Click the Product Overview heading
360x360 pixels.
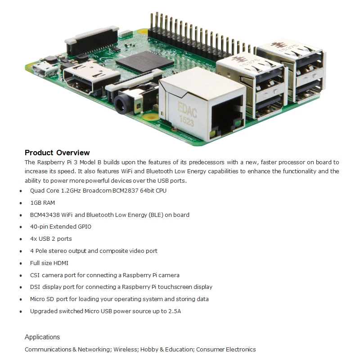pyautogui.click(x=57, y=153)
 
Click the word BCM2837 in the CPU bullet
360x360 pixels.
pyautogui.click(x=130, y=191)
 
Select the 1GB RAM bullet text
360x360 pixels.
pyautogui.click(x=42, y=203)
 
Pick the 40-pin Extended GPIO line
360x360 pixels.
pyautogui.click(x=60, y=227)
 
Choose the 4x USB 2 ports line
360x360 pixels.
pyautogui.click(x=51, y=239)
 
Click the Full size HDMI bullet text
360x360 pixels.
pyautogui.click(x=49, y=263)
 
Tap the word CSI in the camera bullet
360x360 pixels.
pyautogui.click(x=35, y=275)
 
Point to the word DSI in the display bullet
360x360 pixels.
pyautogui.click(x=35, y=287)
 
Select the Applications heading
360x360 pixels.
pyautogui.click(x=42, y=337)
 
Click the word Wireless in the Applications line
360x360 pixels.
pyautogui.click(x=126, y=350)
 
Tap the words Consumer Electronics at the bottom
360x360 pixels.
pyautogui.click(x=226, y=350)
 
